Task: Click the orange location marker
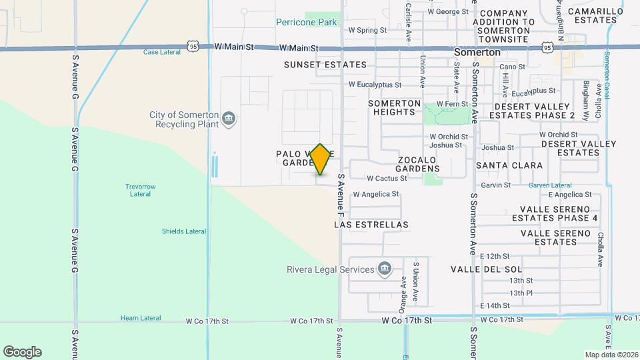coord(321,159)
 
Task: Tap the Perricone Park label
coord(307,22)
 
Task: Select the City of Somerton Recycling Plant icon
coord(229,119)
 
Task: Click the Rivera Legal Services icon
coord(384,269)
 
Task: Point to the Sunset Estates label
coord(325,65)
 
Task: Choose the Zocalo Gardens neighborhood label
coord(418,164)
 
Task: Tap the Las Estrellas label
coord(371,225)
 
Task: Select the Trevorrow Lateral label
coord(138,190)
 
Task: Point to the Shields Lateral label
coord(183,231)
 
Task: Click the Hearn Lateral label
coord(139,319)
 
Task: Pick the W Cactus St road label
coord(387,179)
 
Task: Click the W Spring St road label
coord(367,30)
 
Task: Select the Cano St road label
coord(513,67)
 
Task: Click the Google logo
coord(22,352)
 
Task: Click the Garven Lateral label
coord(550,185)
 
